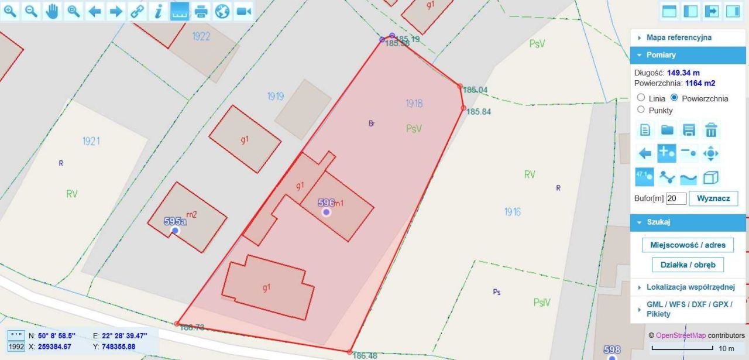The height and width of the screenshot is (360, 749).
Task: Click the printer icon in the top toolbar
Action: coord(201,11)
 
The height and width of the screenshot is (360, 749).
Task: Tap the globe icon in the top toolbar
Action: coord(222,11)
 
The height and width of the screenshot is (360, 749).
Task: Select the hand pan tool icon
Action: coord(52,11)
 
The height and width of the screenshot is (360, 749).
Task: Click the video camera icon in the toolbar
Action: coord(243,11)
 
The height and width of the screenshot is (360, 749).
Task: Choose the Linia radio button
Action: coord(641,98)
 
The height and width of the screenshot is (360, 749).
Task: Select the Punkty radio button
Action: coord(641,109)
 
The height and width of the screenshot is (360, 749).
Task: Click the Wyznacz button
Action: coord(713,198)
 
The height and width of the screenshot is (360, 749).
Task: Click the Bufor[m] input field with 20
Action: coord(676,198)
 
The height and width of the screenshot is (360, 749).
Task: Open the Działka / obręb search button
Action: coord(688,265)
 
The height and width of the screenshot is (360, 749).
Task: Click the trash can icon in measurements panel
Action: coord(711,130)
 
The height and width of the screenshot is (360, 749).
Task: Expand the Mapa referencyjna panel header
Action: coord(679,37)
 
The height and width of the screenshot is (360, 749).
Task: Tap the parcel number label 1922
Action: coord(201,36)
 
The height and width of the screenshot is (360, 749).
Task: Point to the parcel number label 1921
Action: coord(91,141)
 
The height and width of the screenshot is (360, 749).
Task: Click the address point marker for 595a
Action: coord(175,231)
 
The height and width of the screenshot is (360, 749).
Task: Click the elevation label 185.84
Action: coord(478,112)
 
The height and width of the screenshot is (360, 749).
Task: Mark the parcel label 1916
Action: coord(512,212)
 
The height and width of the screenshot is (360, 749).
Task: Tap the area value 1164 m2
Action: coord(700,83)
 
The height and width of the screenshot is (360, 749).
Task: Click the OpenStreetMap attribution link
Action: coord(681,335)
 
